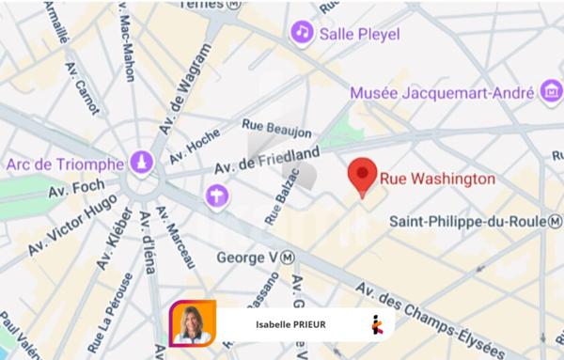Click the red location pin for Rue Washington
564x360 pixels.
click(363, 176)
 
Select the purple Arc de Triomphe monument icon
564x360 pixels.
click(141, 162)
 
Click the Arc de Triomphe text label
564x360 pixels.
click(65, 164)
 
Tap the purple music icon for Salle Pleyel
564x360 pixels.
click(302, 32)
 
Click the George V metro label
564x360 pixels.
click(255, 256)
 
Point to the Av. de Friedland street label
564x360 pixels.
click(267, 161)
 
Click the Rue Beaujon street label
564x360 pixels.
click(277, 127)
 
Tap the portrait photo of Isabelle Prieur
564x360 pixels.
click(192, 323)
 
